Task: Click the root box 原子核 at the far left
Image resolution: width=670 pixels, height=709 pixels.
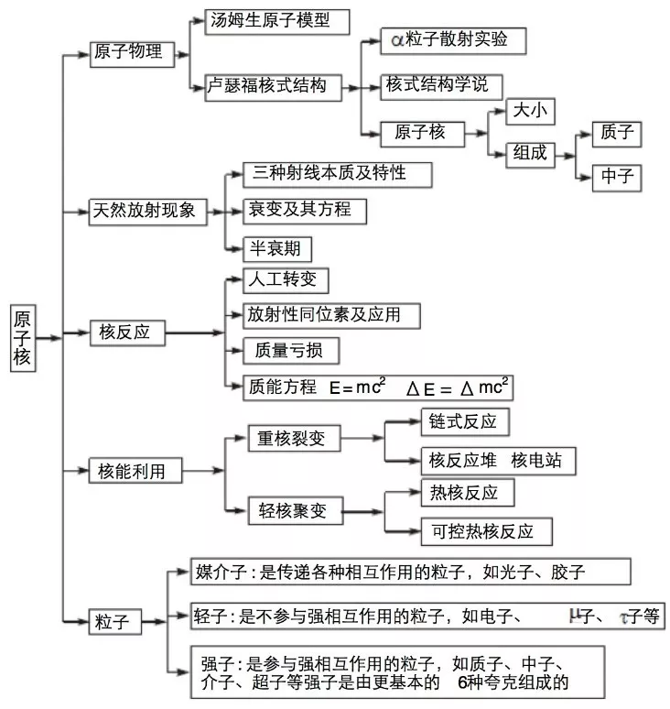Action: click(x=22, y=337)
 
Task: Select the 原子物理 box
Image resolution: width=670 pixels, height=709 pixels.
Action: click(x=127, y=52)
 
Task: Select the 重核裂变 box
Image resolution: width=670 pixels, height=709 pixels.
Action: click(x=292, y=439)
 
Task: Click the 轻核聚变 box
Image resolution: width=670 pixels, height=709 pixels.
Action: click(x=293, y=510)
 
